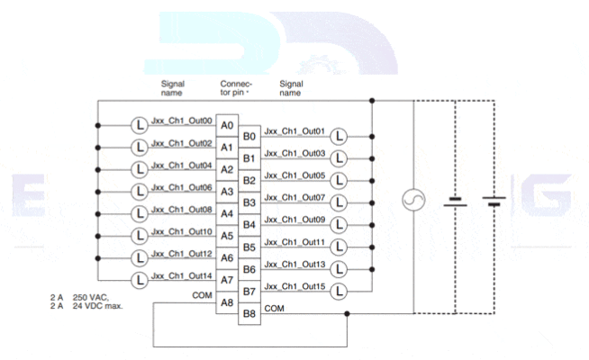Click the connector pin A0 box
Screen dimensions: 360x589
226,124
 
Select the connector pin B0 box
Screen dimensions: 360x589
249,136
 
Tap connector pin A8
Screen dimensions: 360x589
226,302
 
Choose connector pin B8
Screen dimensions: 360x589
249,314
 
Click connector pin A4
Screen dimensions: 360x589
226,213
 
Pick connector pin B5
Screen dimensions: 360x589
249,247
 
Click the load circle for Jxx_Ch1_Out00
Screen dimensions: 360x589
140,124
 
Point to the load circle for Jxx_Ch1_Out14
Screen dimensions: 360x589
140,280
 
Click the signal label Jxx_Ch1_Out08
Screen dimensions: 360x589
182,210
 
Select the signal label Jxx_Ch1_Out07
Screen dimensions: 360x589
295,197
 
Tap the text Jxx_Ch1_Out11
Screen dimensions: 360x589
295,242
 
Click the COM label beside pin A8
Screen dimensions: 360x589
202,294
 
